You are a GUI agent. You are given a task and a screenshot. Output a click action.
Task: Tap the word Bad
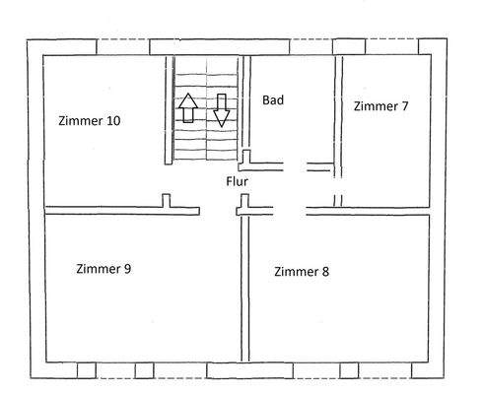pyautogui.click(x=272, y=100)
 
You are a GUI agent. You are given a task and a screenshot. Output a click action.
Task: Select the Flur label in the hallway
pyautogui.click(x=237, y=181)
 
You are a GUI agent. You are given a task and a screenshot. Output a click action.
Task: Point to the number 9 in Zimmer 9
pyautogui.click(x=127, y=268)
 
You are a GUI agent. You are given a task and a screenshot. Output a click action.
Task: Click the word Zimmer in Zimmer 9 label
pyautogui.click(x=97, y=268)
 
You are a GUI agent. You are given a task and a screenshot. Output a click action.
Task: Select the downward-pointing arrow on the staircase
pyautogui.click(x=222, y=110)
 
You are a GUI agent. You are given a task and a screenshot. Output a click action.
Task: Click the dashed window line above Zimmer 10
pyautogui.click(x=122, y=45)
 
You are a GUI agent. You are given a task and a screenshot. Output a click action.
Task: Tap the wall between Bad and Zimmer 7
pyautogui.click(x=340, y=108)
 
